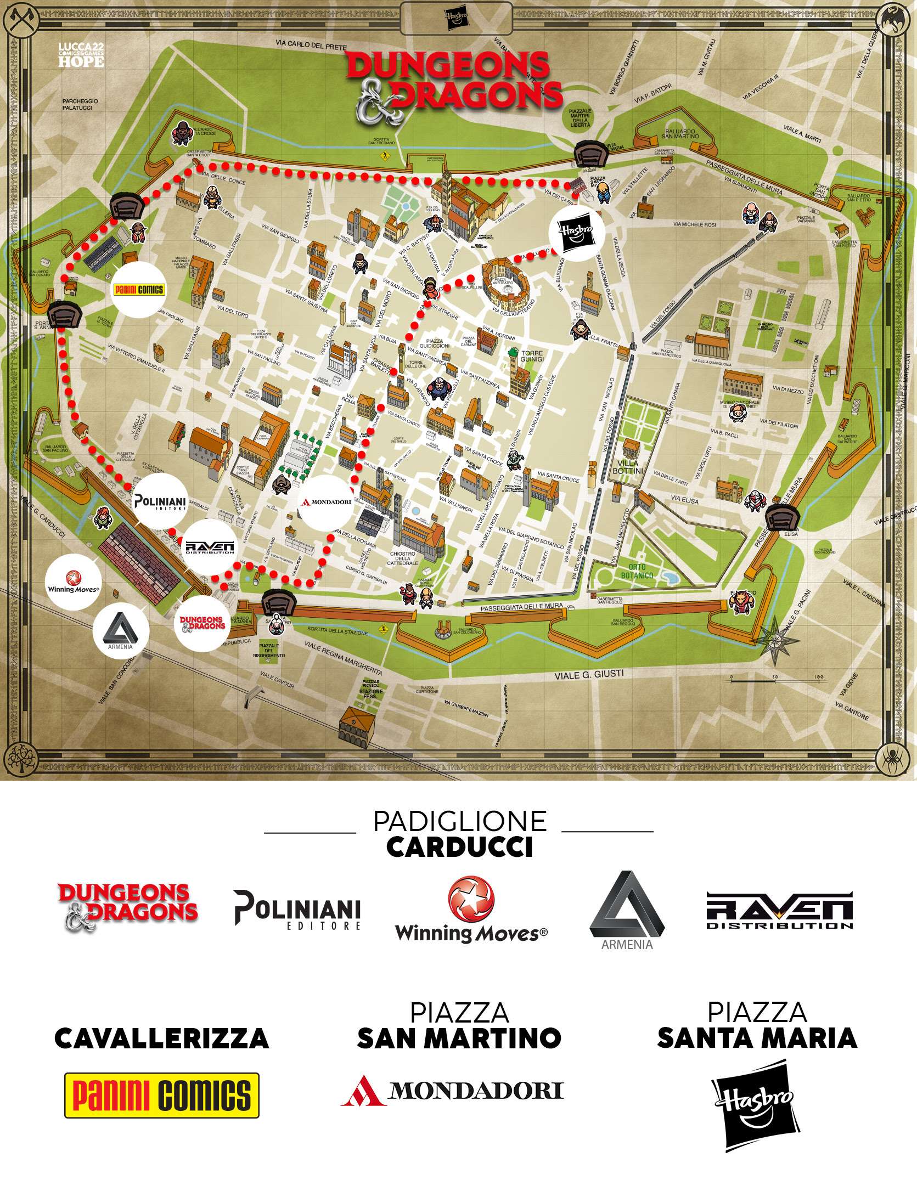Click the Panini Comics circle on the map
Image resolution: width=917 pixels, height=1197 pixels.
138,290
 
